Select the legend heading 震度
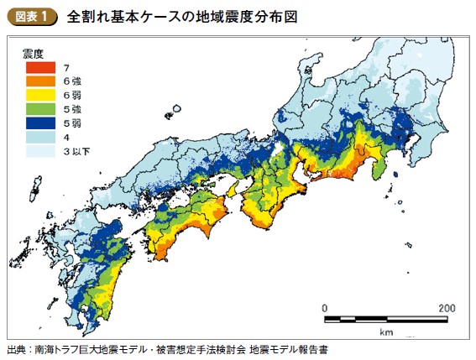coord(33,53)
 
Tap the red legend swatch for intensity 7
coord(39,67)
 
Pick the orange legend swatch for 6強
coord(39,81)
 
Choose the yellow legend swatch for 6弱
coord(39,96)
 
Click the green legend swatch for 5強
coord(39,110)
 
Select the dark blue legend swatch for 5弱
coord(39,123)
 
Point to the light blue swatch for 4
coord(39,138)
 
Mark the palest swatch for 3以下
coord(39,152)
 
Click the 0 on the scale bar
coord(325,307)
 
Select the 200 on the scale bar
coord(446,307)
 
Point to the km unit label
coord(385,332)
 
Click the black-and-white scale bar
coord(385,320)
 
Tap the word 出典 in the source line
coord(16,348)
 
